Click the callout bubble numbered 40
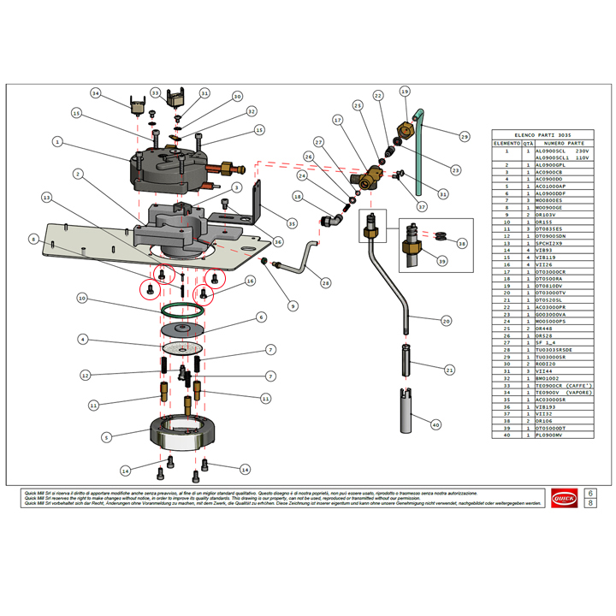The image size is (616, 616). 435,425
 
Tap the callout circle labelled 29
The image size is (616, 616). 465,136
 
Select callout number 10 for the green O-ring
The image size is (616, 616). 82,299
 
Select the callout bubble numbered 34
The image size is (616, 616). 96,93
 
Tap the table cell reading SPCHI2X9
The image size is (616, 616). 550,244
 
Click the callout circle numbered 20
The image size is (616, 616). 446,321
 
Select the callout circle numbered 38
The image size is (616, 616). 463,243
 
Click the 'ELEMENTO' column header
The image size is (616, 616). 504,144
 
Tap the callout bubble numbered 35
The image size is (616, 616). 292,224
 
